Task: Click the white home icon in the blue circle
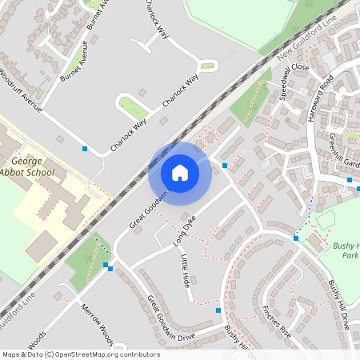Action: pos(180,172)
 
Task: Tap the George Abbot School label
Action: pos(29,166)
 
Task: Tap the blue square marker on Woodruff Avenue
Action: pos(85,148)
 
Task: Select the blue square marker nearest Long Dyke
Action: pos(225,166)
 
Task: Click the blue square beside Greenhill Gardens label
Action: pos(350,180)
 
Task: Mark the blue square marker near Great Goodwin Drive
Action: pos(218,310)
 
